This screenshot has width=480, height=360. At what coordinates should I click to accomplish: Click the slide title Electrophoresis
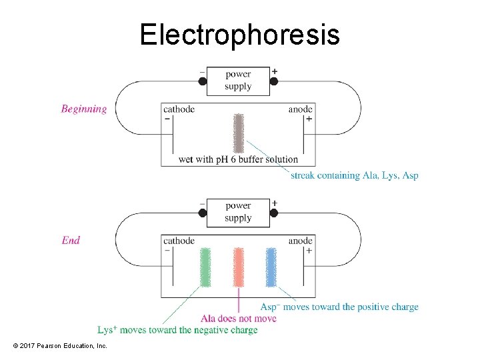(239, 35)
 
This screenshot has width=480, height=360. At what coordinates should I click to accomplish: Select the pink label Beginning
(84, 109)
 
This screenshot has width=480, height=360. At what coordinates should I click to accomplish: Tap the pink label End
(71, 240)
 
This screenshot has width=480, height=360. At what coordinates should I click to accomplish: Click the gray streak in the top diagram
(238, 133)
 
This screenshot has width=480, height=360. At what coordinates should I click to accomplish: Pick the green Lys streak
(205, 267)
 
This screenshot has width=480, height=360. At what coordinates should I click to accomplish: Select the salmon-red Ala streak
(238, 267)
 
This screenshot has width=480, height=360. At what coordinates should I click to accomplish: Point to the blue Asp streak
(271, 267)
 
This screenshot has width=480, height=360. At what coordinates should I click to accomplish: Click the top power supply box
(238, 81)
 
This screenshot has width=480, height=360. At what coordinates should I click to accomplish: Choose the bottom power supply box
(238, 212)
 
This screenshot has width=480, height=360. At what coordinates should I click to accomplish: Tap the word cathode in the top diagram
(179, 109)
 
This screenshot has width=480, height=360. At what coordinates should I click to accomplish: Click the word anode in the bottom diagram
(300, 241)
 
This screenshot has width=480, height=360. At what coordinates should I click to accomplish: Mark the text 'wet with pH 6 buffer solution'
(238, 159)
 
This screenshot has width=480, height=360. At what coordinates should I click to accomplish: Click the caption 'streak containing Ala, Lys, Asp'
(354, 175)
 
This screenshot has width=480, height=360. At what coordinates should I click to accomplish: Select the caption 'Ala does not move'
(238, 318)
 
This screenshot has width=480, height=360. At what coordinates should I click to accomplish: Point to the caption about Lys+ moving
(177, 330)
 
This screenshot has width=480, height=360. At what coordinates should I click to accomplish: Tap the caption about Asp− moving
(339, 307)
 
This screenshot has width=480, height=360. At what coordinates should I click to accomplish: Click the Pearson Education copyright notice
(59, 346)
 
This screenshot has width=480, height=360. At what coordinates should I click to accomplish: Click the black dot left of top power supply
(203, 81)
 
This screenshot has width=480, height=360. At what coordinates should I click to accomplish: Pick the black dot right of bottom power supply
(273, 213)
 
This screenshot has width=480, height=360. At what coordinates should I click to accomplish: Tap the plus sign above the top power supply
(275, 71)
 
